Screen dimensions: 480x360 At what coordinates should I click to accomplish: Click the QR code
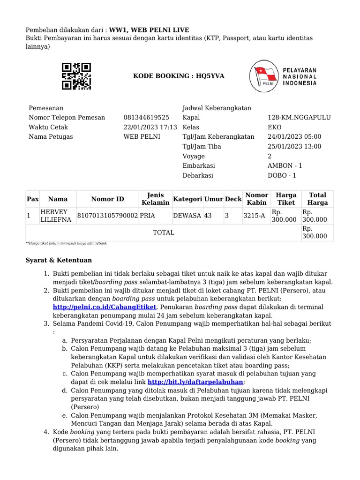(76, 76)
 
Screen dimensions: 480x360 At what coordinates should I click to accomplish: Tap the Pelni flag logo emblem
(264, 75)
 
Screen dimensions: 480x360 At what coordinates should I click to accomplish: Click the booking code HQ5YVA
(172, 76)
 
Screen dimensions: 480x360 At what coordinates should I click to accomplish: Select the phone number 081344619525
(146, 117)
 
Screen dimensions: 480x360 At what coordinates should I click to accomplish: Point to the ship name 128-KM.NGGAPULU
(299, 117)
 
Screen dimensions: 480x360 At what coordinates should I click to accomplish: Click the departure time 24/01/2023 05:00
(294, 136)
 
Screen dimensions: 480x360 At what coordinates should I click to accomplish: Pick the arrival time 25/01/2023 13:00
(294, 146)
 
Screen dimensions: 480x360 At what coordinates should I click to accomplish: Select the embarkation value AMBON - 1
(285, 165)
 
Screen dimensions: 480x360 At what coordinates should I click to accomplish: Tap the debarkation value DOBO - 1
(281, 175)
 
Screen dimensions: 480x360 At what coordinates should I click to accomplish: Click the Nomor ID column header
(108, 199)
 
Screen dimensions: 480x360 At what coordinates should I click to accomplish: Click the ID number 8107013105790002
(107, 216)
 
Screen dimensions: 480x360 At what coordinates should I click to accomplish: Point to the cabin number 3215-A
(254, 216)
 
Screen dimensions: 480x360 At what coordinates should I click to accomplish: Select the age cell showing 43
(208, 216)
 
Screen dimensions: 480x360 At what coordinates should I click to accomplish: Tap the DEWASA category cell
(187, 216)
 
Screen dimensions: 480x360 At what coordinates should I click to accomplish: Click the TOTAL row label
(164, 232)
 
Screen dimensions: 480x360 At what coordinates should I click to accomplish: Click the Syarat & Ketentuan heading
(59, 260)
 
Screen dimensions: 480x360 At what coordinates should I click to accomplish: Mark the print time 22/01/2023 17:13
(150, 127)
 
